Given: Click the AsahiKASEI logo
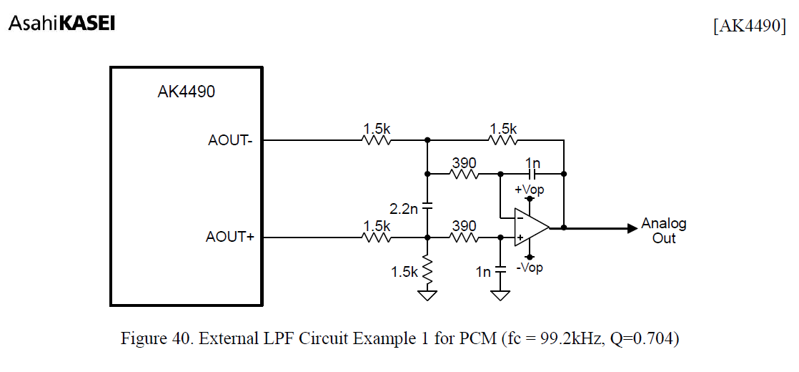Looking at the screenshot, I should (x=61, y=24).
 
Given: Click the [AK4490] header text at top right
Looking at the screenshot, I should (x=749, y=26).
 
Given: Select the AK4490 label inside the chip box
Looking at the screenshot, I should (x=186, y=92).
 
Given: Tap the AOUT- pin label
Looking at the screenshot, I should (x=231, y=140).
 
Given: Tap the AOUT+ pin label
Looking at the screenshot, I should (x=230, y=237).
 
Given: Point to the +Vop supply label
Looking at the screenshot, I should (x=530, y=190).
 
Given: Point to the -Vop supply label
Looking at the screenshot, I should (x=530, y=268).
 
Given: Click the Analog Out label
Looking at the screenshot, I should (x=663, y=230).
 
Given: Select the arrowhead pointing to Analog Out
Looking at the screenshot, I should (x=632, y=228).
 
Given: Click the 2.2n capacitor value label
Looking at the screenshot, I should (x=403, y=210).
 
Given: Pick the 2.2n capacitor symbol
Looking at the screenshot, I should (x=427, y=207).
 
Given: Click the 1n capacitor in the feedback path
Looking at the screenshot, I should (x=532, y=174).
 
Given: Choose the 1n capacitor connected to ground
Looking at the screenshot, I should (x=501, y=270).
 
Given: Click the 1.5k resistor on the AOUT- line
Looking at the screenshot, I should (x=377, y=140).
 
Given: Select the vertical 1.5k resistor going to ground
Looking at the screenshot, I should (x=427, y=270).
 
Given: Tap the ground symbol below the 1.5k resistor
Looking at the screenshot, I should (x=427, y=295).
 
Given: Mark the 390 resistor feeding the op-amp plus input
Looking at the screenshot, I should (x=463, y=238).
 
